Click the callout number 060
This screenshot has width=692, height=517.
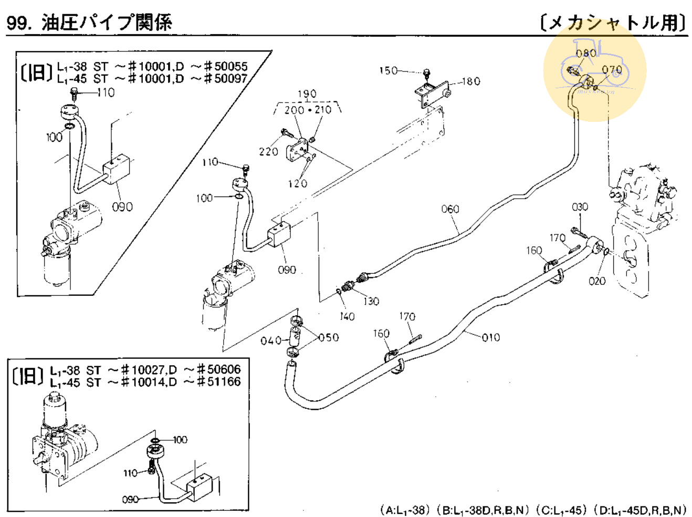pos(450,209)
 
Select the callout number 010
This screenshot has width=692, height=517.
pos(491,337)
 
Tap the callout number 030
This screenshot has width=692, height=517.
pos(580,207)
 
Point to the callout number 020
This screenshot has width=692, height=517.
pos(597,281)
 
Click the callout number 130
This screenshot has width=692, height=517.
pos(371,301)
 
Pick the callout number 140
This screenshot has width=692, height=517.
pos(347,316)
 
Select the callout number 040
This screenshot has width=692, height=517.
pos(271,341)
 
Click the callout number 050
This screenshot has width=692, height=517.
pos(329,337)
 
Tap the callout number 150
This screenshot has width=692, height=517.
pos(388,70)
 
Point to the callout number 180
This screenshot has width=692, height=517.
pos(471,81)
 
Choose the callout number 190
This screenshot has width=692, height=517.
pos(307,94)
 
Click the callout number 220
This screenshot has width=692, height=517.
pos(268,151)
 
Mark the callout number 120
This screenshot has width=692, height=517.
pos(297,183)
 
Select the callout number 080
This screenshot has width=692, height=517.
pos(585,53)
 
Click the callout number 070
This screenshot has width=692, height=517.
pos(612,69)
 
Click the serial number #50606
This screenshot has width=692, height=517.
pos(218,369)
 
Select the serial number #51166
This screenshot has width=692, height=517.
pos(218,382)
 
